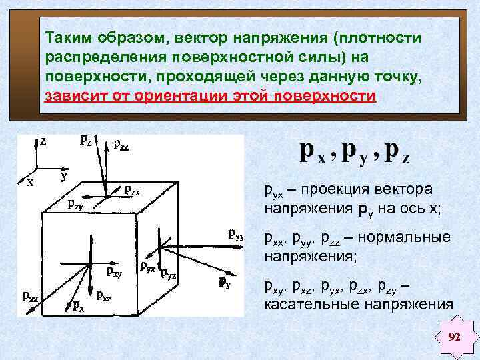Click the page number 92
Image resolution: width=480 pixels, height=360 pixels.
455,336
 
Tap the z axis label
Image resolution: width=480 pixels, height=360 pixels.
43,141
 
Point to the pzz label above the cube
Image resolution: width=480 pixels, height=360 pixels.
121,143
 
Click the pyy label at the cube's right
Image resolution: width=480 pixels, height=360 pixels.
237,234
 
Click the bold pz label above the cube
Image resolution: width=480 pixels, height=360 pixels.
86,139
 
